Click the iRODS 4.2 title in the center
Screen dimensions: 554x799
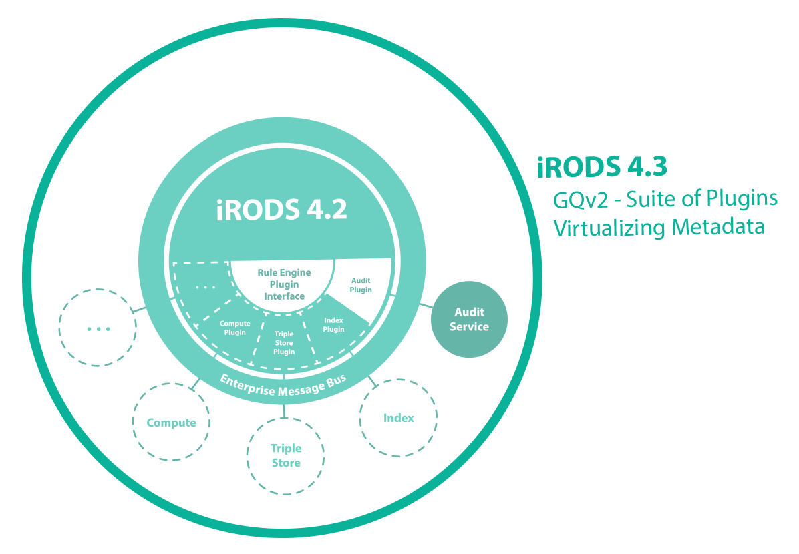(281, 209)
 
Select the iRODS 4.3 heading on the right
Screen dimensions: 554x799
(602, 167)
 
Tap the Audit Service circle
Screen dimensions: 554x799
(469, 320)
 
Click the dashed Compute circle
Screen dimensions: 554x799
(171, 422)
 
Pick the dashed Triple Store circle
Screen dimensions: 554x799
(285, 456)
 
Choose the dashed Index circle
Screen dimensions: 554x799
(398, 418)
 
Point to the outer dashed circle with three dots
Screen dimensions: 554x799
(98, 328)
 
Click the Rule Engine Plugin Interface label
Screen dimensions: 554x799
(284, 284)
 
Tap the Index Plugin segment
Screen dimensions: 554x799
(334, 325)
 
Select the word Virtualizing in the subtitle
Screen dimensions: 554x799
(609, 227)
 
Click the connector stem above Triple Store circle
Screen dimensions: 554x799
(285, 410)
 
